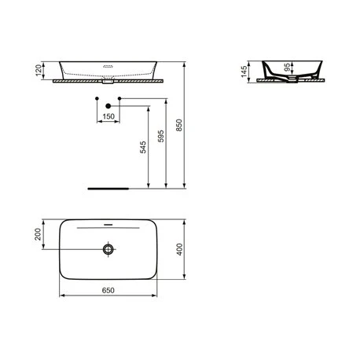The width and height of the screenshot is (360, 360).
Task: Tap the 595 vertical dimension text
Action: pyautogui.click(x=161, y=138)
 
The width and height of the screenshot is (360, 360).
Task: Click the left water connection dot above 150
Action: pyautogui.click(x=97, y=98)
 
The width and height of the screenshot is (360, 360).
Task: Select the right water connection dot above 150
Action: pyautogui.click(x=119, y=98)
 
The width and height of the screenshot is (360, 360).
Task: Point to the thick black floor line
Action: pyautogui.click(x=106, y=189)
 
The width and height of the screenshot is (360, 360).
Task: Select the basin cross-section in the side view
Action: pyautogui.click(x=291, y=69)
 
